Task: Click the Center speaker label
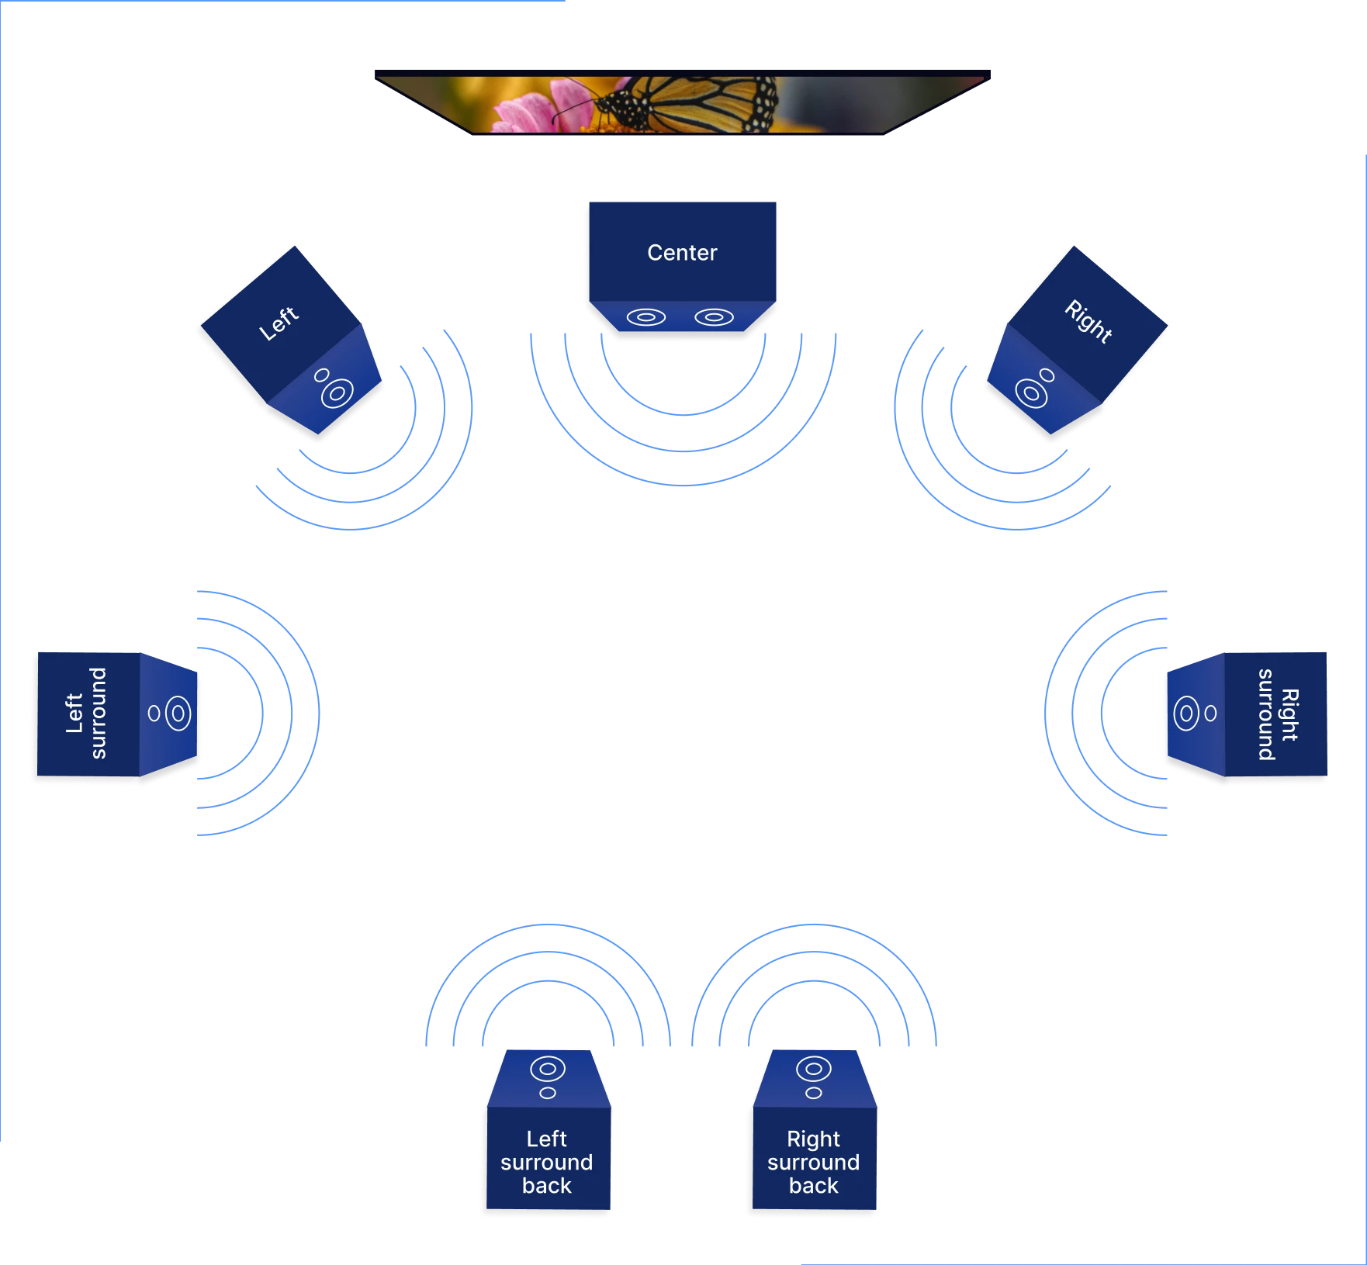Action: click(x=682, y=253)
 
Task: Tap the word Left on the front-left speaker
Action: click(x=279, y=323)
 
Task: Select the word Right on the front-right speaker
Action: click(x=1088, y=321)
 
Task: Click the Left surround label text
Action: click(x=86, y=713)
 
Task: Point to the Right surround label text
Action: click(x=1278, y=714)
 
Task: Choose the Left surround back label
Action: click(x=546, y=1162)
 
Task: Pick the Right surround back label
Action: click(x=813, y=1162)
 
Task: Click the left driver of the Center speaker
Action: click(x=646, y=317)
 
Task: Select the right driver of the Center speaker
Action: click(x=714, y=317)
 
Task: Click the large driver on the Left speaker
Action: click(x=336, y=393)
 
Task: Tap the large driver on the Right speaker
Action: click(x=1031, y=393)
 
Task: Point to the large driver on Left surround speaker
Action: click(x=178, y=713)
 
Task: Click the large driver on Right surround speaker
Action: click(x=1186, y=714)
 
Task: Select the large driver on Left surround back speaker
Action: click(x=547, y=1069)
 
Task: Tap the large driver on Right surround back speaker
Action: click(x=813, y=1069)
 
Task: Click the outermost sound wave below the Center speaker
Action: click(x=683, y=486)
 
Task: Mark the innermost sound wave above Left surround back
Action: click(x=547, y=983)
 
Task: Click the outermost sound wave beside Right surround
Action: click(x=1047, y=714)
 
